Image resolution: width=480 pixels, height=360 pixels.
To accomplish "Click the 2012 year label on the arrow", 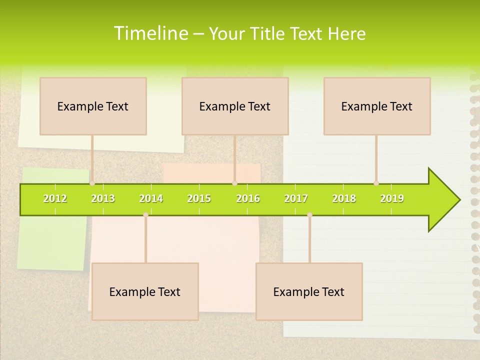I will coord(55,198).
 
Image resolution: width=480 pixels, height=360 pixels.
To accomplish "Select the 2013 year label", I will coord(103,198).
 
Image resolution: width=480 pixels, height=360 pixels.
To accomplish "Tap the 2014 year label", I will coord(151,198).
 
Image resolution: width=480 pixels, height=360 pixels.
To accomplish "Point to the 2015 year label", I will coord(199,198).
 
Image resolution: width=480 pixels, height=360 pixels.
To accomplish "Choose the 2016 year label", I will coord(248,198).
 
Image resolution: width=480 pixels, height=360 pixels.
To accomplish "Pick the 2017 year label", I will coord(296,198).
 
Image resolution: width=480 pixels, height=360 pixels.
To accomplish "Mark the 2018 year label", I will coord(344,198).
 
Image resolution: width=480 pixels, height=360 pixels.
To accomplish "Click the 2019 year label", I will coord(392,198).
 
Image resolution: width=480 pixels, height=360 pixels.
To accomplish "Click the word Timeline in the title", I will coord(149,33).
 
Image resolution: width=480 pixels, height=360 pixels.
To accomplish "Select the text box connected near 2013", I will coord(93,106).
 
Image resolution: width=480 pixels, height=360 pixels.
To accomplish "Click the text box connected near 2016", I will coord(235,106).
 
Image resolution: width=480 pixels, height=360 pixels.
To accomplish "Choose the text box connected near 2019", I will coord(377,106).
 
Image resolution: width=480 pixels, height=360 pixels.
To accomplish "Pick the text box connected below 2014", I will coord(145,291).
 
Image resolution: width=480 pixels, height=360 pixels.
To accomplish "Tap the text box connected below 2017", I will coord(309,291).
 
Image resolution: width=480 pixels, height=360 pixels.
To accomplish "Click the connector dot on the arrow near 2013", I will coord(92,183).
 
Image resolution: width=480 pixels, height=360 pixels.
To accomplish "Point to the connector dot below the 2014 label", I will coord(145,215).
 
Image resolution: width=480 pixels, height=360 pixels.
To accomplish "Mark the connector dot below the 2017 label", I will coord(309,215).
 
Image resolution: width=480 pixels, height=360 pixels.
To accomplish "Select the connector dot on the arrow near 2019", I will coord(376,183).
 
